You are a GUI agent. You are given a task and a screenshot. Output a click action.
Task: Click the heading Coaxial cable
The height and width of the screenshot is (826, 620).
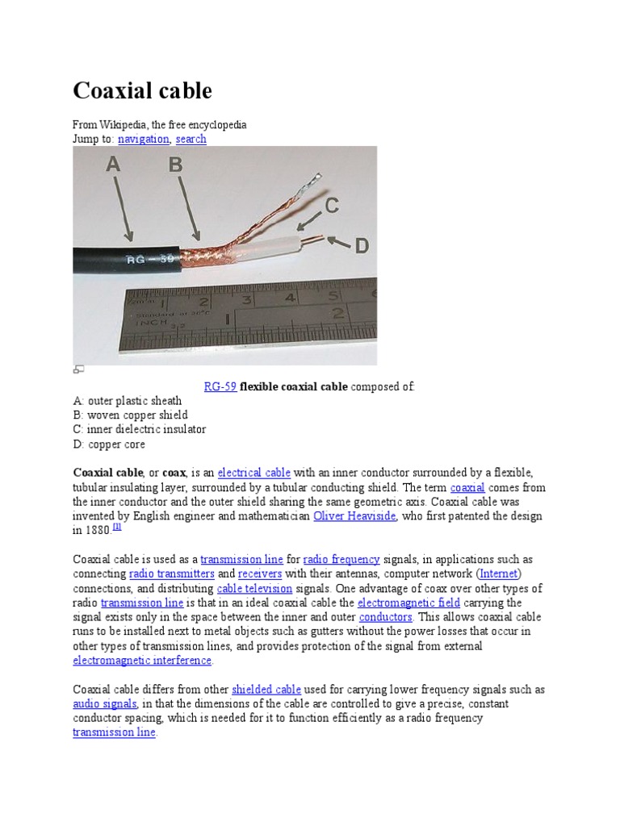[143, 91]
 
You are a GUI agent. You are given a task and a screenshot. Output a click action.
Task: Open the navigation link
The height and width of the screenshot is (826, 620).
[143, 139]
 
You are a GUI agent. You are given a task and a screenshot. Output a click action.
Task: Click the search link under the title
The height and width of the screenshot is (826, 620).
[191, 139]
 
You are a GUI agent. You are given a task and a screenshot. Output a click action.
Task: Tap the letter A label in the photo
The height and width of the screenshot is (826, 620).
[113, 165]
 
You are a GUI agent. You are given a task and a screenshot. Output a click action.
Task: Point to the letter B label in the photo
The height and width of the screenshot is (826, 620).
[174, 165]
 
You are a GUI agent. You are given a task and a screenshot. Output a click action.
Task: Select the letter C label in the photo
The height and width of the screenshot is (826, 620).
[331, 206]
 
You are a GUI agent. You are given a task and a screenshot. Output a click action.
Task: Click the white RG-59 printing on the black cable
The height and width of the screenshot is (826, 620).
[149, 259]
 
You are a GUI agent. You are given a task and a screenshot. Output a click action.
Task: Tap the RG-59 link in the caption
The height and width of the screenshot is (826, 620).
[220, 386]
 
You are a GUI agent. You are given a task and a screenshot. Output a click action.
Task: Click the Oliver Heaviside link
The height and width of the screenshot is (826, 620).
[354, 515]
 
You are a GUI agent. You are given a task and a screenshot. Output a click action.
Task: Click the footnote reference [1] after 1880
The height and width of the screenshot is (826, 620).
[117, 527]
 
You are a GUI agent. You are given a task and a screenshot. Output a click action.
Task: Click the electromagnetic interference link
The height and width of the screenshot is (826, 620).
[142, 660]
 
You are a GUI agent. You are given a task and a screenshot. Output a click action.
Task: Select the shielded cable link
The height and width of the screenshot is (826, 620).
[266, 689]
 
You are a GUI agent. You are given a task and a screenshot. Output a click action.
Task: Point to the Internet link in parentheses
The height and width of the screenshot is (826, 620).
[500, 574]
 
